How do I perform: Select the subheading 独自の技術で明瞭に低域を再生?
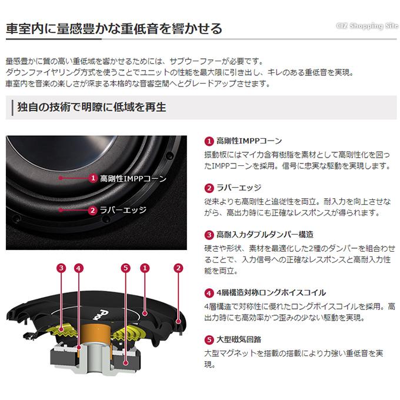pyautogui.click(x=92, y=107)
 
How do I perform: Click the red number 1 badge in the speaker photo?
pyautogui.click(x=92, y=178)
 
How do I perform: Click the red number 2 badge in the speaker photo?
pyautogui.click(x=92, y=209)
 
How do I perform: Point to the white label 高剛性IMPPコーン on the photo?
pyautogui.click(x=134, y=178)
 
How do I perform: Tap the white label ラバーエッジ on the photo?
pyautogui.click(x=122, y=209)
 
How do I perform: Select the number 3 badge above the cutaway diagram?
pyautogui.click(x=61, y=268)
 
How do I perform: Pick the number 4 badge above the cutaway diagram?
pyautogui.click(x=79, y=268)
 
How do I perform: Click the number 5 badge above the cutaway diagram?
pyautogui.click(x=125, y=268)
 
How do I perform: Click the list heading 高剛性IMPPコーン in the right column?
pyautogui.click(x=249, y=141)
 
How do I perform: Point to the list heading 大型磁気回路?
pyautogui.click(x=239, y=339)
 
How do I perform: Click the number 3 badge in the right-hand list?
pyautogui.click(x=209, y=234)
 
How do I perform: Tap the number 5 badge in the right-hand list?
pyautogui.click(x=209, y=339)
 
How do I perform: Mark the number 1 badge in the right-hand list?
pyautogui.click(x=209, y=141)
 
